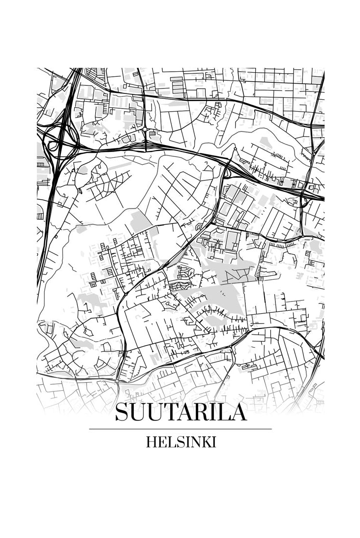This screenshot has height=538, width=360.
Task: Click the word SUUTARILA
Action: (180, 412)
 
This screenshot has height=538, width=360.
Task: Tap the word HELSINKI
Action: (180, 442)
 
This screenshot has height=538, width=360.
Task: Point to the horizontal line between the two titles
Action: (180, 429)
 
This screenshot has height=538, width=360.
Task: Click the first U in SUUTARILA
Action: (136, 412)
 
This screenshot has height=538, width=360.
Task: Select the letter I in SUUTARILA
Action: (213, 412)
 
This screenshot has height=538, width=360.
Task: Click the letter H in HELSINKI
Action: (150, 442)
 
